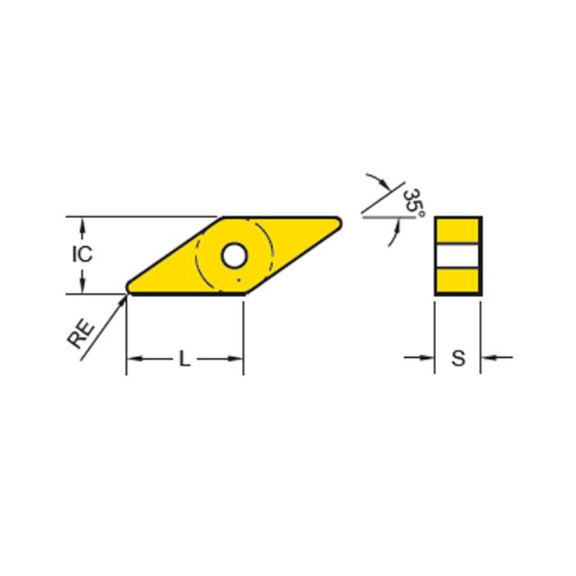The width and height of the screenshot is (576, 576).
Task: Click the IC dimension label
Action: [81, 254]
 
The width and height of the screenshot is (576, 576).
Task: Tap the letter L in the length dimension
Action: [184, 359]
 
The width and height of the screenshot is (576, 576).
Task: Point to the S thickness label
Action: [458, 359]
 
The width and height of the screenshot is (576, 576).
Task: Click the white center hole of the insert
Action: [235, 255]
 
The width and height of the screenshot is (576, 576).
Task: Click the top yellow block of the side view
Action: [458, 230]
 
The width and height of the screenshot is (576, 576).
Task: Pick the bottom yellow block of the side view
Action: [458, 281]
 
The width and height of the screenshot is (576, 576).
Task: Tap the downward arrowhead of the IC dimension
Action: [81, 286]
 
